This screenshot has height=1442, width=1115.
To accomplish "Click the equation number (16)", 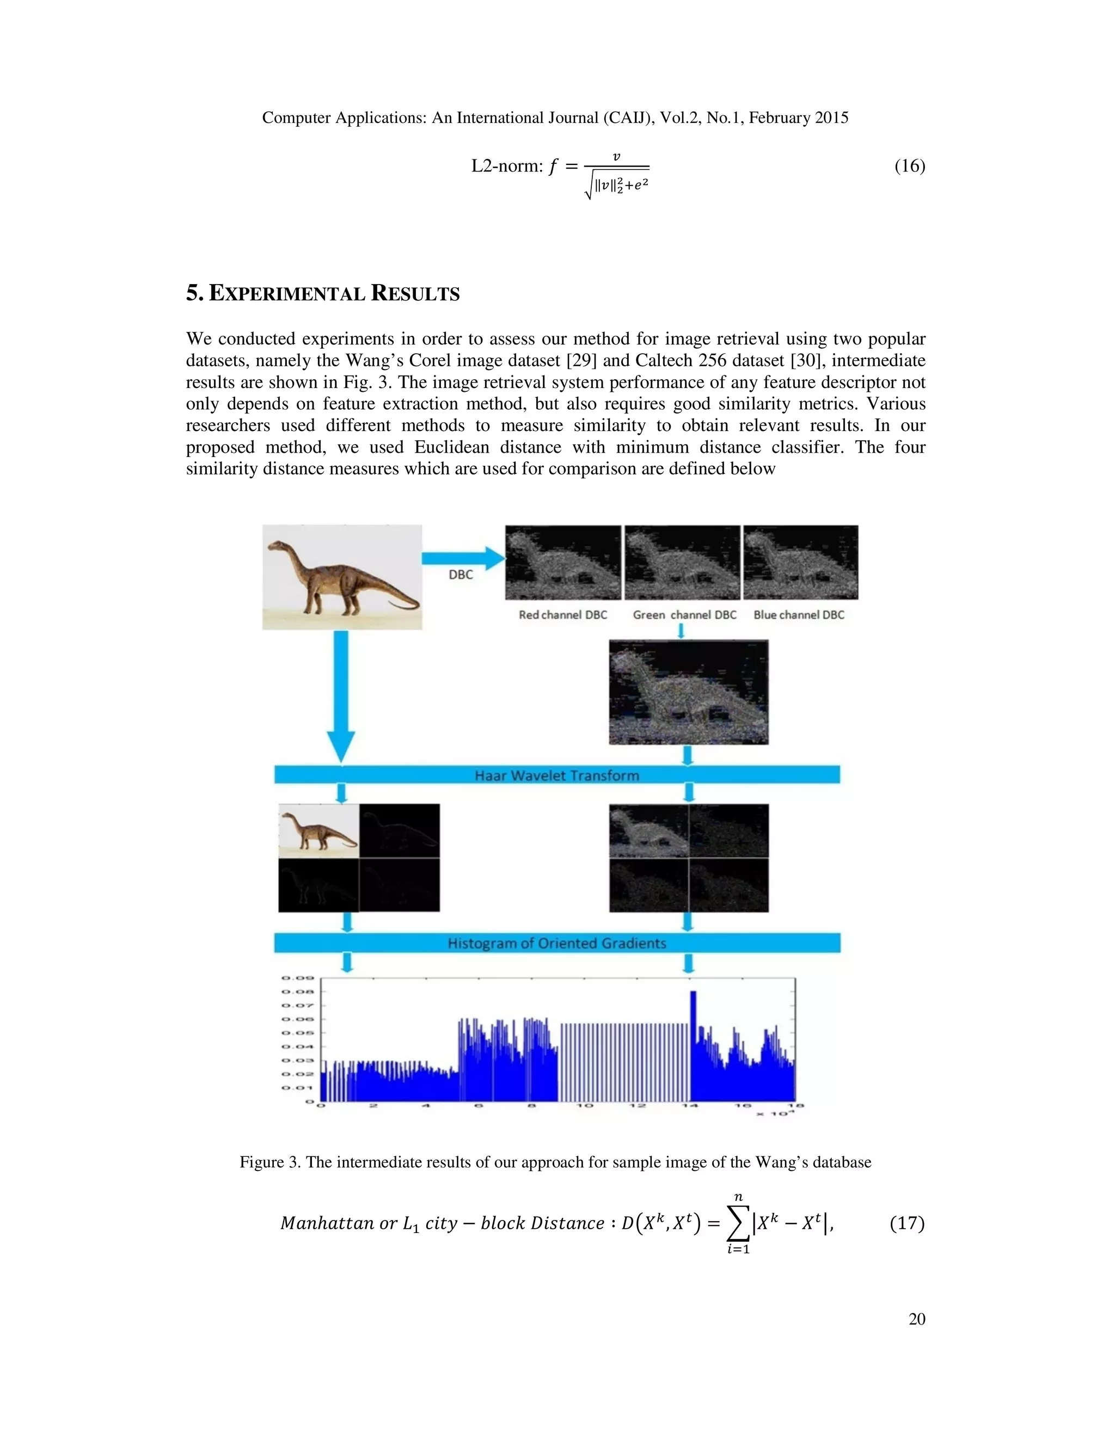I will click(x=910, y=166).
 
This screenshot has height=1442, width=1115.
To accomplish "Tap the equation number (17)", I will click(x=907, y=1223).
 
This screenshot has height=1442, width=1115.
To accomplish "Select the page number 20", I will click(x=917, y=1319).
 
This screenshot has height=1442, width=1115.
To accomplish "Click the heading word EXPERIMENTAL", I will click(x=287, y=294).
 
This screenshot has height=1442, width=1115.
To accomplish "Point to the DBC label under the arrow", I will click(x=461, y=575).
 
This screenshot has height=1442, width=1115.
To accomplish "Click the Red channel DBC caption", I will click(x=563, y=615).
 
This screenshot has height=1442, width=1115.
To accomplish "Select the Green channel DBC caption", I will click(x=684, y=615).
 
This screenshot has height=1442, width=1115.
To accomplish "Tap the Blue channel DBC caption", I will click(x=799, y=615).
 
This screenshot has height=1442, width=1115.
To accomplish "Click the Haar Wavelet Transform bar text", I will click(x=557, y=775).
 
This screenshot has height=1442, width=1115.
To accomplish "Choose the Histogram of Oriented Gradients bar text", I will click(x=557, y=943).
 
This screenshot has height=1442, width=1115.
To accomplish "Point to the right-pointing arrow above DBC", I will click(x=462, y=558).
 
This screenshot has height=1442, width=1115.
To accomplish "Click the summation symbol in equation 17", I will click(x=738, y=1223).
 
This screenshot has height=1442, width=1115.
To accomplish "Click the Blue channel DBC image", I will click(x=800, y=562).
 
